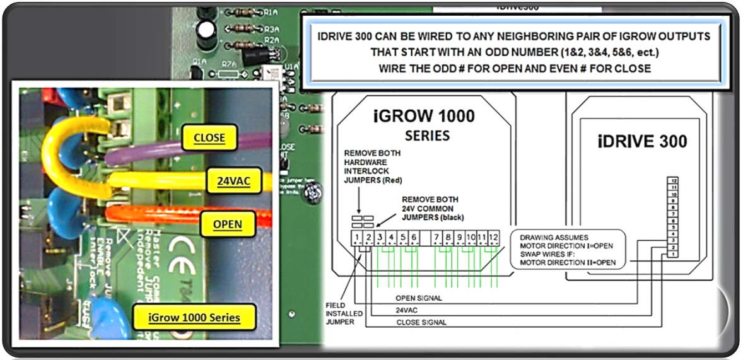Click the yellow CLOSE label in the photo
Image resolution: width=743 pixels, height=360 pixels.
click(x=209, y=137)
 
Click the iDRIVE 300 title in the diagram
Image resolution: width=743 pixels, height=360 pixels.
click(x=642, y=141)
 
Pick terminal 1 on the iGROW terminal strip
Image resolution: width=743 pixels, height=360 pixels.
click(x=357, y=238)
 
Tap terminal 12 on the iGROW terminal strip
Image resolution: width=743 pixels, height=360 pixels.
click(x=493, y=238)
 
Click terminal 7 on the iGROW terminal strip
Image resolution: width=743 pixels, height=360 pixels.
click(x=436, y=238)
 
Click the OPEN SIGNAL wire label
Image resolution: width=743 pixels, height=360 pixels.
click(x=418, y=298)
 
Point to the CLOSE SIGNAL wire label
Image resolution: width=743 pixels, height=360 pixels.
click(x=421, y=322)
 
